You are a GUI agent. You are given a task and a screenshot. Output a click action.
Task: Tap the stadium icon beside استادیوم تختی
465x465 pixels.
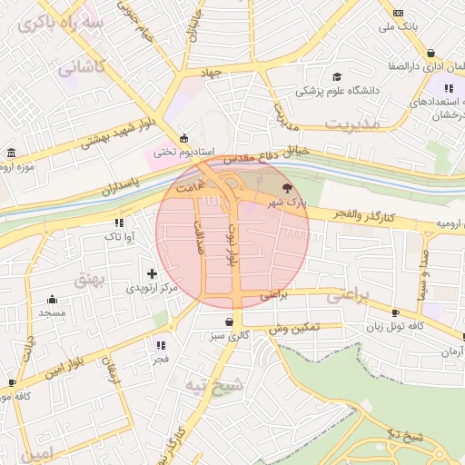[x=184, y=138]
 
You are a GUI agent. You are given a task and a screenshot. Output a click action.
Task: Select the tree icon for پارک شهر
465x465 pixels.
[x=288, y=186]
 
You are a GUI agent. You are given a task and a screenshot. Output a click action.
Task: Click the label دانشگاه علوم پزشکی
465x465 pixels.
[x=336, y=92]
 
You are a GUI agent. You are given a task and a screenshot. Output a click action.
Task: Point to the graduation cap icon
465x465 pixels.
[x=337, y=78]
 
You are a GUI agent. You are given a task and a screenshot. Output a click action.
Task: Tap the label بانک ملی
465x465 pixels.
[x=400, y=26]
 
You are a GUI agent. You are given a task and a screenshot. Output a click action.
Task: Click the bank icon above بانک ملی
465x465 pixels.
[x=399, y=12]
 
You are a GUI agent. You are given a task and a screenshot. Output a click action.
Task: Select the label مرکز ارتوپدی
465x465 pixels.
[x=152, y=287]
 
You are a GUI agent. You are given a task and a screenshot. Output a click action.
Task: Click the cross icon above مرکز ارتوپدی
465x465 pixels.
[x=152, y=272]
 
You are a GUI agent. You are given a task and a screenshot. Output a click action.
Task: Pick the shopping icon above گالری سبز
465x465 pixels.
[x=227, y=322]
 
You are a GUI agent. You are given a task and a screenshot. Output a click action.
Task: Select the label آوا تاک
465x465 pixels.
[x=119, y=236]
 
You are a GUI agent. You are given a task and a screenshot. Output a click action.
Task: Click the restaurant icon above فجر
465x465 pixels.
[x=161, y=345]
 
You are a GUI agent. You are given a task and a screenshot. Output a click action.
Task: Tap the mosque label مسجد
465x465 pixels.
[x=52, y=312]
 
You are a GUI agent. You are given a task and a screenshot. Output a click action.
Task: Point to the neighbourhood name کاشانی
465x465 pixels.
[x=83, y=66]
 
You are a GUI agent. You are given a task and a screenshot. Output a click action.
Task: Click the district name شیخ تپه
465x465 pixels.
[x=214, y=385]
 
